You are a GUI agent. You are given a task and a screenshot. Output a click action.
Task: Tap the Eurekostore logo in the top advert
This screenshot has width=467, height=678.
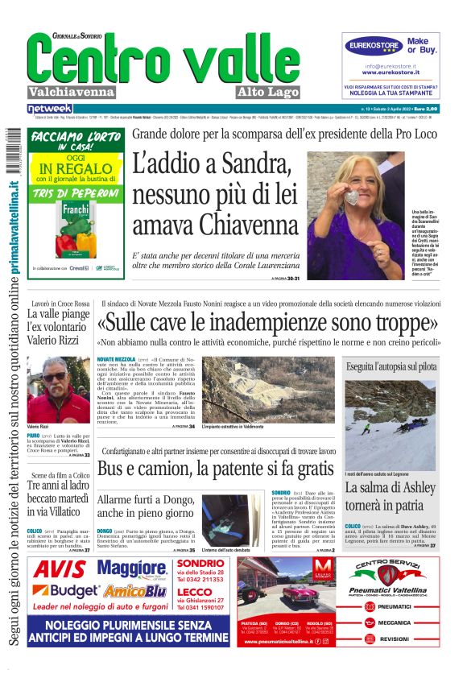(x=374, y=46)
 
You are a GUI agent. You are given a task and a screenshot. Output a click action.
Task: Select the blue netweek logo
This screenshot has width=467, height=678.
(x=50, y=109)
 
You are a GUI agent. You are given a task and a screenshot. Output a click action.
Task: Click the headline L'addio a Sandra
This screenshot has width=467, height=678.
(x=211, y=166)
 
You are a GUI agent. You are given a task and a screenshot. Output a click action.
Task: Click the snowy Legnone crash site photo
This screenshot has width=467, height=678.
(x=391, y=425)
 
